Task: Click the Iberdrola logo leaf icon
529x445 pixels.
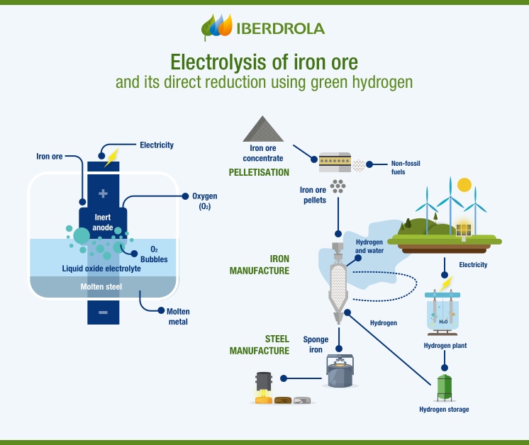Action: coord(217,27)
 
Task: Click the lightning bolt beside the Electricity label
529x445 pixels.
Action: coord(111,158)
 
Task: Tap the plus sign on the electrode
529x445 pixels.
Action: coord(104,193)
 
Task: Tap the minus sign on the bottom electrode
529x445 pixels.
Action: coord(104,312)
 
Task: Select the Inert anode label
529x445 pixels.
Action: coord(103,223)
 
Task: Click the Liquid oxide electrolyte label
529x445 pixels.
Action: coord(101,269)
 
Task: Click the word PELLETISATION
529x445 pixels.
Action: coord(259,172)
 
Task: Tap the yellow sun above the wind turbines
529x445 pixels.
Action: coord(464,185)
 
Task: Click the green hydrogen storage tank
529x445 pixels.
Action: coord(445,387)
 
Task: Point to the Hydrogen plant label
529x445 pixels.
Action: coord(445,346)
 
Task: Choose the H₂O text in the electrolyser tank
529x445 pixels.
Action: coord(442,321)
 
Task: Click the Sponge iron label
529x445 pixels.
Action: coord(316,344)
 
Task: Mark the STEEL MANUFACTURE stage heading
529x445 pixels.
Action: coord(260,345)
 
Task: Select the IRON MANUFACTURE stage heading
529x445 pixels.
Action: coord(260,264)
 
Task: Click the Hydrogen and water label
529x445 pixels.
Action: coord(369,246)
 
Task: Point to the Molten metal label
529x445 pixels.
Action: coord(178,316)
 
